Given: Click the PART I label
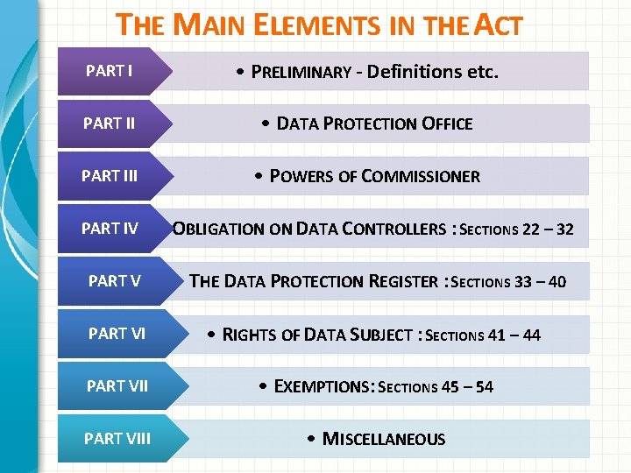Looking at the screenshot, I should [110, 71].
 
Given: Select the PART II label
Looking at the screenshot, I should [109, 124].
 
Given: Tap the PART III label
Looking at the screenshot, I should [110, 176].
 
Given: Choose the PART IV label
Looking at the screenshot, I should [110, 229].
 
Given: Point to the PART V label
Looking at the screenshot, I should [114, 281].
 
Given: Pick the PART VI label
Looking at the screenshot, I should [116, 334].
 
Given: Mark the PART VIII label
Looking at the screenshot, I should [117, 439].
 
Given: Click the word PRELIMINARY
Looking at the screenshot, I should [301, 72].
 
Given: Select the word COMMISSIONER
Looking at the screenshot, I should [421, 176].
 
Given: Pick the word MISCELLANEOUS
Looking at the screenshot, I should [384, 439].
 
